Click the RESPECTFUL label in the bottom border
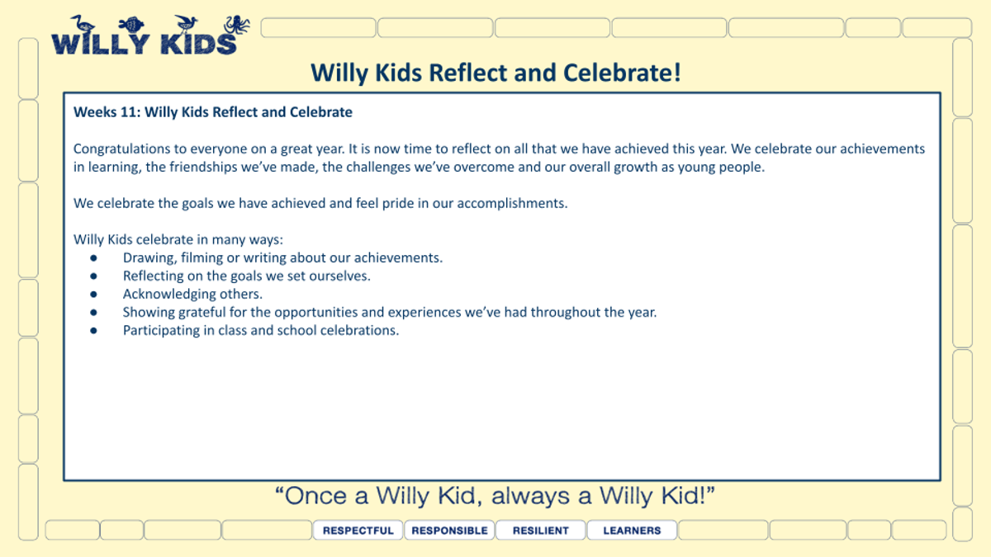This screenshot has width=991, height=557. point(358,531)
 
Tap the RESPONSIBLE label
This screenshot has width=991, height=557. point(449,531)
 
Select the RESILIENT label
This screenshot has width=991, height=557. point(541,531)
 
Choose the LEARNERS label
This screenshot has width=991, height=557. point(632,531)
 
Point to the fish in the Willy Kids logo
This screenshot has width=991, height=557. point(131,25)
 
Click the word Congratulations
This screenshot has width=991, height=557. point(121,149)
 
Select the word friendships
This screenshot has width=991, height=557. point(203,168)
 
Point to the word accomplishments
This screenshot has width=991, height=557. point(512,203)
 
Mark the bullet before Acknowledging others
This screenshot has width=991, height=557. point(93,294)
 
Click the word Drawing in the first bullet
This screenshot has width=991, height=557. point(149,258)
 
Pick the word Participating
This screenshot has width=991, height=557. point(161,331)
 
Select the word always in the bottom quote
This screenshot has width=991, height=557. point(530,497)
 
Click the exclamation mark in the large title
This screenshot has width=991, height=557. point(677,73)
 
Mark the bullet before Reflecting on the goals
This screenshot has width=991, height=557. point(93,276)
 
